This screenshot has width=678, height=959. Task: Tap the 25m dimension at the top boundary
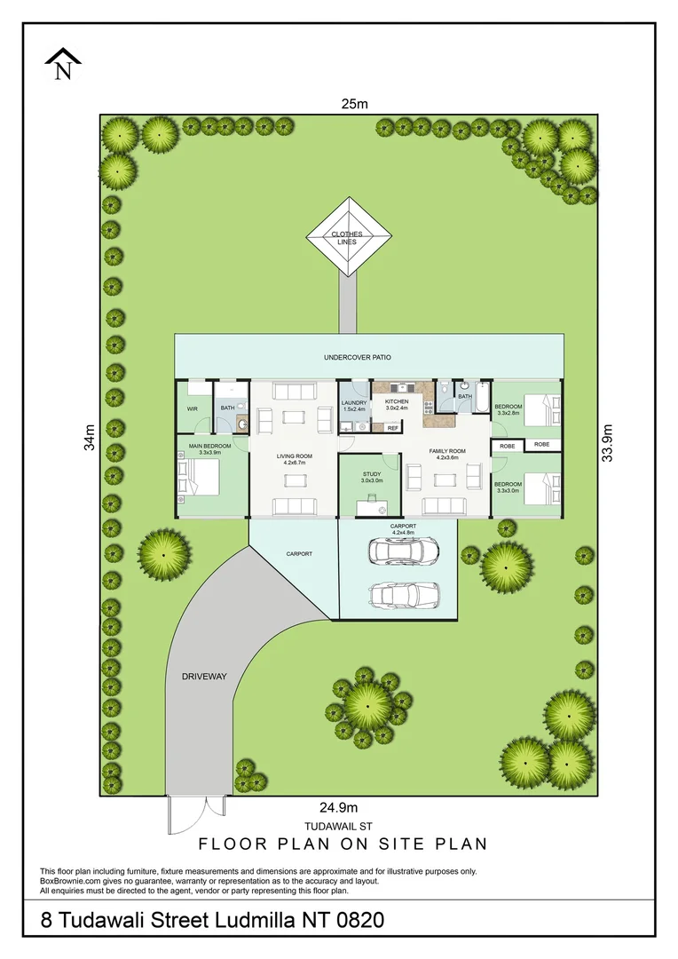click(x=354, y=104)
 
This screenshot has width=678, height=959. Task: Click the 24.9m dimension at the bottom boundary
click(x=338, y=807)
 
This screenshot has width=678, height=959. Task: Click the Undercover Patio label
click(x=357, y=357)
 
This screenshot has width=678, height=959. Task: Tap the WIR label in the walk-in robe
click(x=192, y=408)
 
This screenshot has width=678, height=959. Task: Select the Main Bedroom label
click(x=210, y=448)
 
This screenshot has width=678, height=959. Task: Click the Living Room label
click(x=291, y=459)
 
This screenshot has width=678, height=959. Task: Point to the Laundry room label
click(x=354, y=406)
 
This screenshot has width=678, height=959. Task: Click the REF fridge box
click(x=392, y=427)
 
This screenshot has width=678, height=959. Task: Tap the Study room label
click(x=371, y=477)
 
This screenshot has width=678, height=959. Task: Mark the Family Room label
click(x=447, y=454)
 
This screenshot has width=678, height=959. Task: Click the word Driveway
click(x=204, y=677)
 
